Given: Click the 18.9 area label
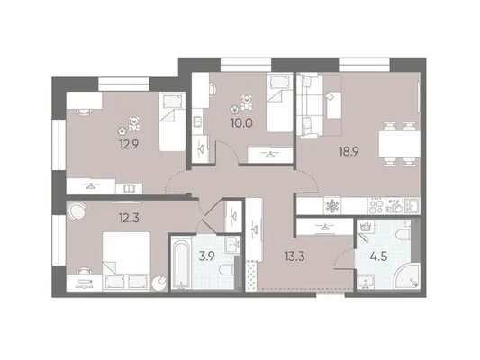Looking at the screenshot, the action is [349, 151].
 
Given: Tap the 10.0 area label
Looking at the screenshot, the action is [241, 123].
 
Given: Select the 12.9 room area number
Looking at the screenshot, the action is [130, 143].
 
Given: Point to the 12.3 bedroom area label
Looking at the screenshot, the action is [129, 218].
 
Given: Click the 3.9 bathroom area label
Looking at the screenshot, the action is [207, 256].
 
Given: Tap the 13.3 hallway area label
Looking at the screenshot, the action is [294, 256].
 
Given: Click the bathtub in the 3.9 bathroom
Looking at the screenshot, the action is [181, 264].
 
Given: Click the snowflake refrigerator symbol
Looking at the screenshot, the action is [331, 205].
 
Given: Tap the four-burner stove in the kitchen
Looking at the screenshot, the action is [376, 205].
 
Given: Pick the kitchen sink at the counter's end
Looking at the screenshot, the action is [412, 205].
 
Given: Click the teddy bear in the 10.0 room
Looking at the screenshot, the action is [247, 103].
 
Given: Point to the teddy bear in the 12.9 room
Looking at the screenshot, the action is [133, 123].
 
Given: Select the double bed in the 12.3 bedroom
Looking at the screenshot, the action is [127, 260].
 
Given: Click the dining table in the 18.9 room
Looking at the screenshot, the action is [399, 143].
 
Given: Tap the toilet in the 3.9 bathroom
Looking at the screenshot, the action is [227, 270].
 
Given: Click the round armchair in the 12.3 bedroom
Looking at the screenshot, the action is [77, 211].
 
